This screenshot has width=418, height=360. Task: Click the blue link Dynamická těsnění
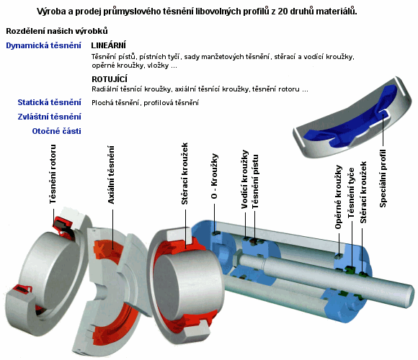click(x=43, y=45)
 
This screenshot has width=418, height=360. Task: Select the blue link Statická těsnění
click(x=49, y=102)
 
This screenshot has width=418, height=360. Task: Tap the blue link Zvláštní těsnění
click(x=49, y=117)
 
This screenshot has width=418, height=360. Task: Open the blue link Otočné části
click(x=56, y=131)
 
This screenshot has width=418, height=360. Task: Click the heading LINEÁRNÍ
click(x=109, y=45)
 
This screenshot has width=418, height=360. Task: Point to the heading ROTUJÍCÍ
click(x=110, y=79)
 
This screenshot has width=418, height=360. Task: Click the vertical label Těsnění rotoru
click(x=53, y=174)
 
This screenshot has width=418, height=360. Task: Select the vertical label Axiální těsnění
click(x=111, y=175)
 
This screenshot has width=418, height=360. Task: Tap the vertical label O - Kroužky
click(x=214, y=176)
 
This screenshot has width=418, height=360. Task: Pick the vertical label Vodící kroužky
click(x=245, y=179)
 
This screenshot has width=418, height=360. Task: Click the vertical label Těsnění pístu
click(x=255, y=181)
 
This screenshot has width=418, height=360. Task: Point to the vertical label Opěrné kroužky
click(x=338, y=197)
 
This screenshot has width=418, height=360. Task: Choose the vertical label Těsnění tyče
click(x=351, y=193)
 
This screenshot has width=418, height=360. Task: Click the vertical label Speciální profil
click(x=383, y=179)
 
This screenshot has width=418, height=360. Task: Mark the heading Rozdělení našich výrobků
click(x=57, y=31)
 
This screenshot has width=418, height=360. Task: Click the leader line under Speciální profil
click(x=383, y=130)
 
